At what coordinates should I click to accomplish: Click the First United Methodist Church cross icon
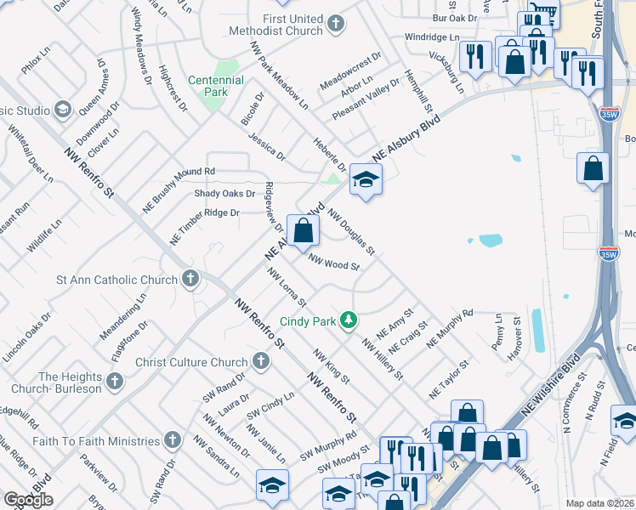coord(336,24)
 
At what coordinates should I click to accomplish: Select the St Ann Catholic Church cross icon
coord(190,279)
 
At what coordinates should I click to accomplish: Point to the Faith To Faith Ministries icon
coord(173,440)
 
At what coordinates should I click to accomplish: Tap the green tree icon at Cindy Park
coord(347,320)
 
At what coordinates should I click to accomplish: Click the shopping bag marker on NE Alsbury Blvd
coord(304,229)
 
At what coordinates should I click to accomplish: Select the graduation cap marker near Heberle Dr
coord(366,179)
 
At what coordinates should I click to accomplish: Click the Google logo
coord(27,500)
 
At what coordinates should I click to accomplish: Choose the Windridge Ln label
coord(431,37)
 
